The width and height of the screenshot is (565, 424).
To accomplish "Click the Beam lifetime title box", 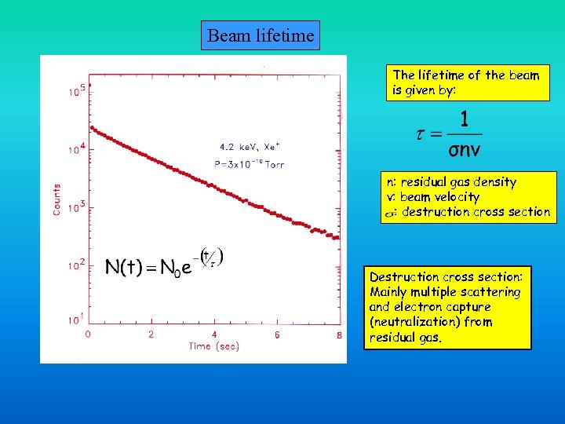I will [x=261, y=35].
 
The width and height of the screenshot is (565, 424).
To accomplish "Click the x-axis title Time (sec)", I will [x=213, y=346].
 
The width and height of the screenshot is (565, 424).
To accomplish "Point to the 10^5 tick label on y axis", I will [x=76, y=91].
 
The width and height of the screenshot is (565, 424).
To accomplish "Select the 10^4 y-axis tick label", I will [x=76, y=150].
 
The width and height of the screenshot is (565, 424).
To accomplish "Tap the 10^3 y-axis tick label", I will [x=76, y=208].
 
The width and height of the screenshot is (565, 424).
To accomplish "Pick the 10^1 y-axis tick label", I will [x=76, y=320].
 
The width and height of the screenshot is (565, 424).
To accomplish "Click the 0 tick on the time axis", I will [x=88, y=334].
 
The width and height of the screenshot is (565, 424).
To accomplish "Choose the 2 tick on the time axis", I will [x=151, y=334].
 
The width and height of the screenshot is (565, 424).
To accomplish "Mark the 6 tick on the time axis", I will [x=277, y=334].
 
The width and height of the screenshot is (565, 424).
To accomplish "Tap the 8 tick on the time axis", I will [x=339, y=334].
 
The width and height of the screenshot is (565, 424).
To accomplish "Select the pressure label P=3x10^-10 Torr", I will [x=250, y=164].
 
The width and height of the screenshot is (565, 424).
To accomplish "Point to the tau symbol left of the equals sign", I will [x=421, y=133].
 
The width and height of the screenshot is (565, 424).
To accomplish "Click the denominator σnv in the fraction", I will [x=465, y=148].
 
